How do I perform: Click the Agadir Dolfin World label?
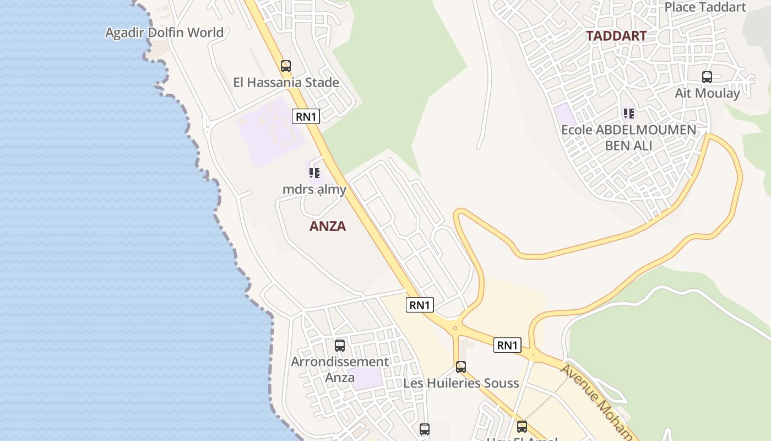[x=164, y=33]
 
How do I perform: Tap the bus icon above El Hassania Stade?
[x=286, y=66]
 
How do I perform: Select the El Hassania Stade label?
[x=286, y=83]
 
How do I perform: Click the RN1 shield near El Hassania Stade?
[x=306, y=116]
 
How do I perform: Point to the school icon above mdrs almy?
[x=314, y=173]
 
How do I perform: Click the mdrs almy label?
[x=314, y=190]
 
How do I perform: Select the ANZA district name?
[x=328, y=226]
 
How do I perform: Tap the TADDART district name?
[x=616, y=36]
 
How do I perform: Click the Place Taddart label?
[x=705, y=7]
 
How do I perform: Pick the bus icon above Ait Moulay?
[x=707, y=77]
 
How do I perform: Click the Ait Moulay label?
[x=708, y=93]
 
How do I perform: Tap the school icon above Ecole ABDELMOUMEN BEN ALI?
[x=628, y=114]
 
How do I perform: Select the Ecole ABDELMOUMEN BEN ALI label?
[x=628, y=138]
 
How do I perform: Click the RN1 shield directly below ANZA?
[x=420, y=305]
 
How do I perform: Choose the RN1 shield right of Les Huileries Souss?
[x=507, y=345]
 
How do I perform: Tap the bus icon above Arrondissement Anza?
[x=340, y=346]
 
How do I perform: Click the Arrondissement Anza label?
[x=340, y=369]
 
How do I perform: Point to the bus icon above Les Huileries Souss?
[x=461, y=367]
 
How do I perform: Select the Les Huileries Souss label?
[x=461, y=383]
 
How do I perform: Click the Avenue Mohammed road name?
[x=598, y=402]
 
